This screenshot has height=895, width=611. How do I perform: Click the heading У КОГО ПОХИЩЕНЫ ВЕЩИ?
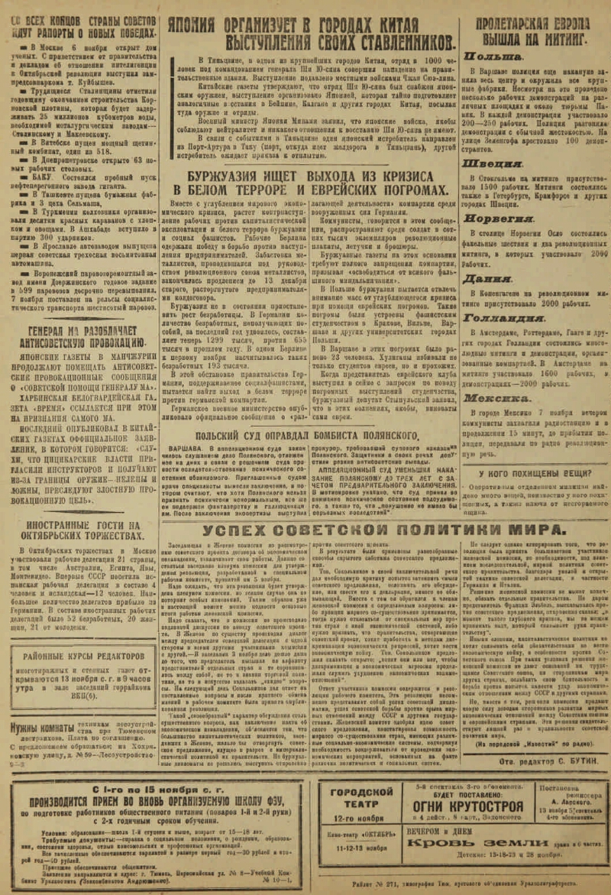[535, 452]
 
